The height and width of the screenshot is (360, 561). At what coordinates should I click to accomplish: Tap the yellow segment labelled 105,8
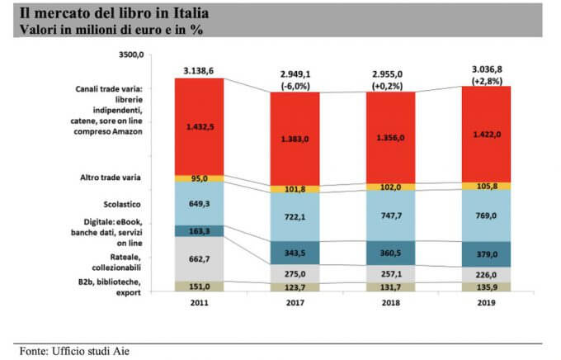[x=485, y=187]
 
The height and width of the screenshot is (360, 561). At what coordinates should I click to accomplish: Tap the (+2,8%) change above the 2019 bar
[x=486, y=81]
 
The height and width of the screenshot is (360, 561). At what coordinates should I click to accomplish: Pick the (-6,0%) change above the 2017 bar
[x=295, y=85]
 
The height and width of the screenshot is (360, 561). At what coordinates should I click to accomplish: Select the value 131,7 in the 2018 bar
[x=390, y=287]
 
